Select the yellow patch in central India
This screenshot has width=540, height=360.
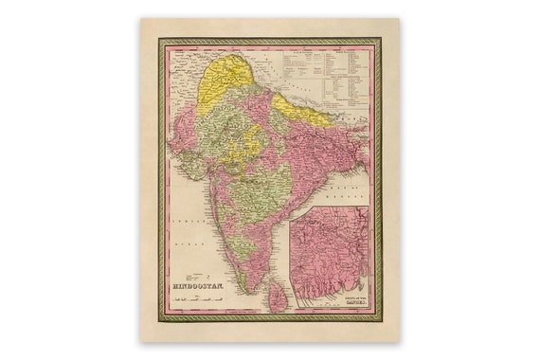coord(250,136)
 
